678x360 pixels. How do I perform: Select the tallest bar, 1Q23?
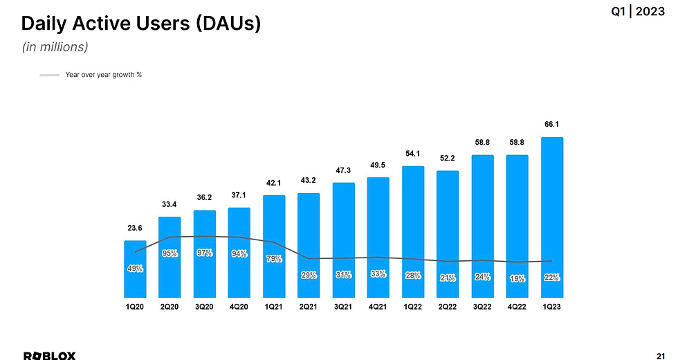[551, 218]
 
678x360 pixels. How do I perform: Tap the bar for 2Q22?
[448, 235]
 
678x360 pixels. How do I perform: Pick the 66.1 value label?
[551, 125]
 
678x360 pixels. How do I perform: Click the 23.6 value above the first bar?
[135, 227]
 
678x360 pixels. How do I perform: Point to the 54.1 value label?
[413, 154]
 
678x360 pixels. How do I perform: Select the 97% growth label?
[204, 253]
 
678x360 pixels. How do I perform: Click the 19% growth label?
[517, 278]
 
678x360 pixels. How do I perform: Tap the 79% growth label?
[274, 259]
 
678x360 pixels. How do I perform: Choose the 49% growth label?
[135, 269]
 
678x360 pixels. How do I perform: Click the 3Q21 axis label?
[343, 307]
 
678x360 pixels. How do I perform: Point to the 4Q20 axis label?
[239, 307]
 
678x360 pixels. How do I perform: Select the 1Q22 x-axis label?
[413, 307]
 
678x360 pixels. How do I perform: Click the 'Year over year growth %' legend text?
[103, 74]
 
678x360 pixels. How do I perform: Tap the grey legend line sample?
[49, 74]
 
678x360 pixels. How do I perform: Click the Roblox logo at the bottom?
[50, 355]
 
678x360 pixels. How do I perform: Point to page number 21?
[659, 355]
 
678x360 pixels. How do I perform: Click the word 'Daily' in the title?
[44, 24]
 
